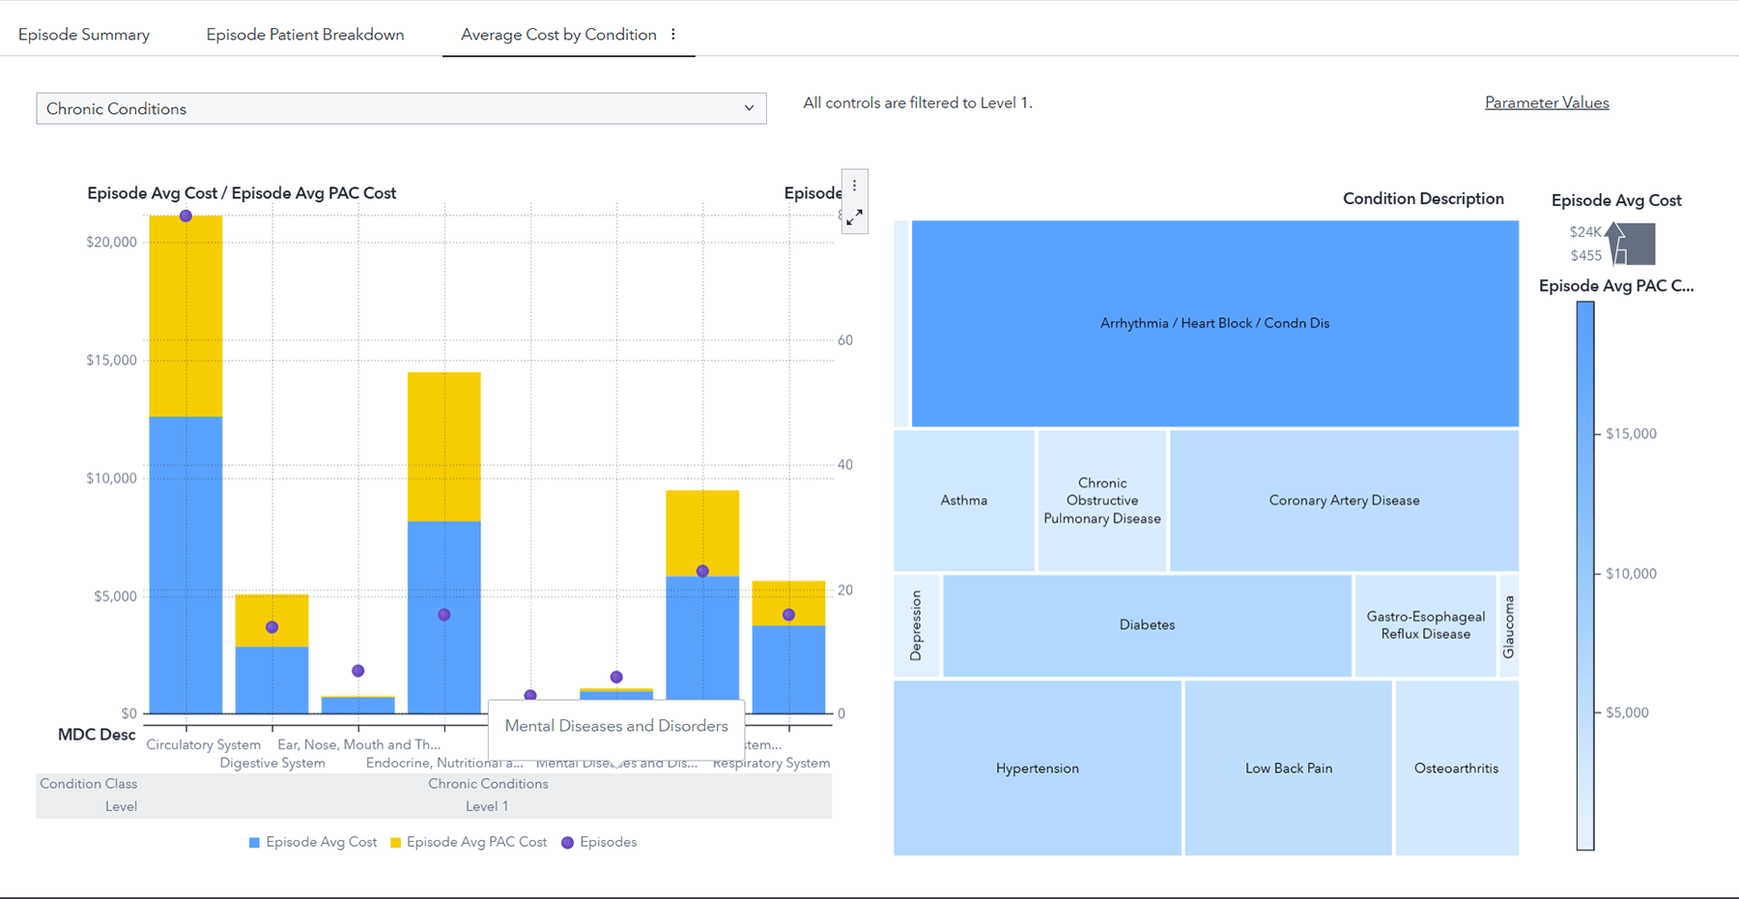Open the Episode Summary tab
[x=84, y=35]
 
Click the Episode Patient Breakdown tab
[x=305, y=35]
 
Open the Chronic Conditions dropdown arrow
[x=749, y=108]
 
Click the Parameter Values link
[x=1546, y=102]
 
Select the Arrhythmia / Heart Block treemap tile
[x=1214, y=323]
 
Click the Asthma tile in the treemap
[x=963, y=500]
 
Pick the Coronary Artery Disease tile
[x=1344, y=500]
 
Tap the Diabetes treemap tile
[x=1147, y=624]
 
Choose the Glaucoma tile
[x=1508, y=625]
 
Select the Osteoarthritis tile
[x=1456, y=768]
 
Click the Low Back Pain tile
[x=1288, y=768]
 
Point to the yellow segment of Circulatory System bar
[x=185, y=319]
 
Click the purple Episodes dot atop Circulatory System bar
[x=185, y=216]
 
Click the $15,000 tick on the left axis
[x=112, y=360]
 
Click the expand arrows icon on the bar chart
[x=854, y=218]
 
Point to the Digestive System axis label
[x=272, y=763]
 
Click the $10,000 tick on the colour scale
[x=1631, y=573]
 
